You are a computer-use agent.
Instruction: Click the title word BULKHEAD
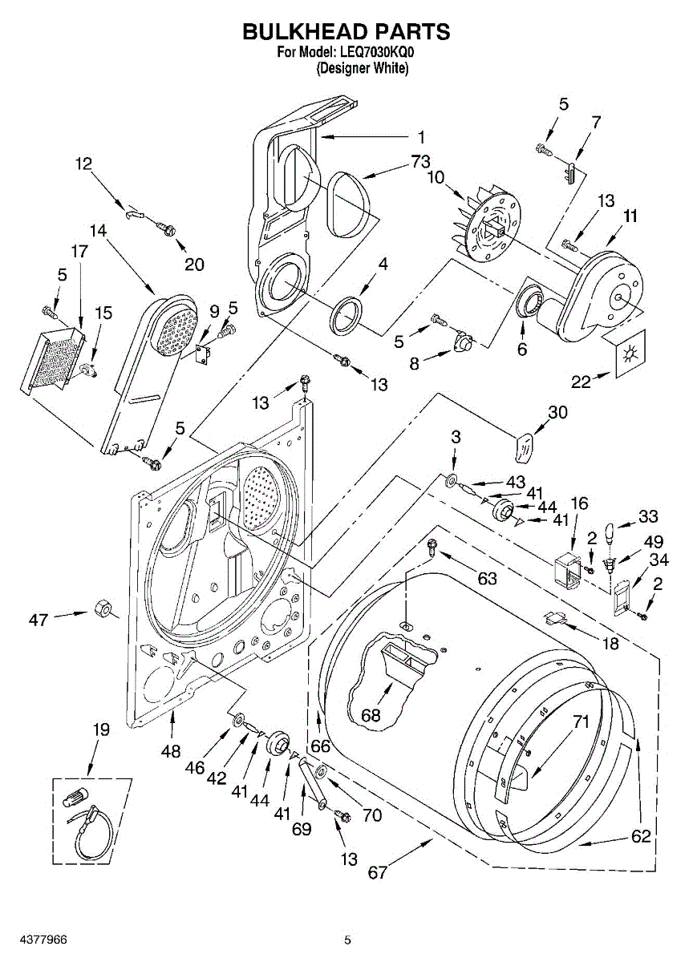(x=303, y=31)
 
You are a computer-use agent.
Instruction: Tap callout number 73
(x=420, y=162)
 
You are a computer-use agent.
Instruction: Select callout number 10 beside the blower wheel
(x=436, y=177)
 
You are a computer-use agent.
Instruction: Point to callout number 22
(x=581, y=382)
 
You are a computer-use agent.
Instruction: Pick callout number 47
(x=38, y=619)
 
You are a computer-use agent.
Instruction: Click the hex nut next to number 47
(x=103, y=608)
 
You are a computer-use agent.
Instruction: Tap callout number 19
(x=100, y=730)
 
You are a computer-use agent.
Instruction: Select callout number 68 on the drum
(x=371, y=715)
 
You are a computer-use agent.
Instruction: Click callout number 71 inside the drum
(x=581, y=721)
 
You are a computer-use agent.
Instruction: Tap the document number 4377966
(x=34, y=939)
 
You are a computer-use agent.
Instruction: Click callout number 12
(x=83, y=164)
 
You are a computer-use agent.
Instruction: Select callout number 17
(x=79, y=251)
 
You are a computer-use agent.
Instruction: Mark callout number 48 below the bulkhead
(x=170, y=751)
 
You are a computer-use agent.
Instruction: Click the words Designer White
(x=362, y=68)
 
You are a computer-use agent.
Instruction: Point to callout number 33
(x=648, y=516)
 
